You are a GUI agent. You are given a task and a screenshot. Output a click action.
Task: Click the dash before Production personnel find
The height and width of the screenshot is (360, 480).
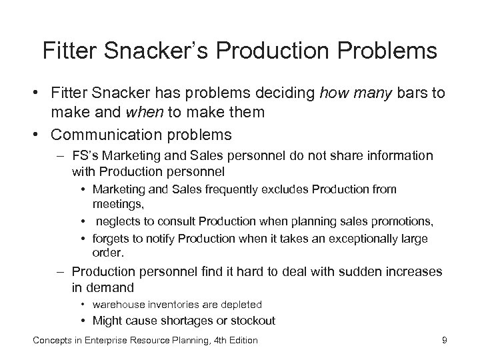[62, 271]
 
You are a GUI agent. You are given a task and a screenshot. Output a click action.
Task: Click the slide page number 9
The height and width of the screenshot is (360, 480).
[444, 341]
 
